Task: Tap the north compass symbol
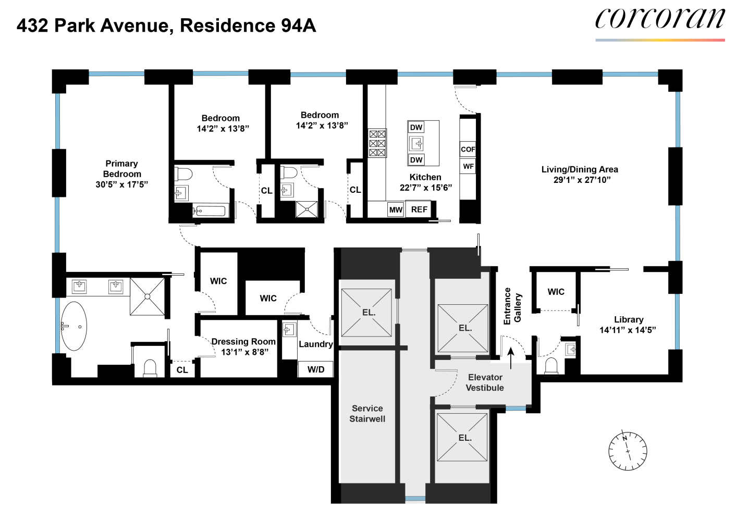[x=628, y=451]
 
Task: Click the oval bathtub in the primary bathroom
[x=74, y=326]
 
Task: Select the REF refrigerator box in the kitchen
[x=419, y=209]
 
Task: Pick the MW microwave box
[x=396, y=209]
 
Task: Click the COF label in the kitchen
[x=468, y=150]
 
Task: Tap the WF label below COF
[x=468, y=166]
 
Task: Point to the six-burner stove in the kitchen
[x=377, y=143]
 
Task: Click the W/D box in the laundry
[x=316, y=369]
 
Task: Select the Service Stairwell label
[x=367, y=414]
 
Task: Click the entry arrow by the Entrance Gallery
[x=511, y=358]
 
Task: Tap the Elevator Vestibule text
[x=485, y=382]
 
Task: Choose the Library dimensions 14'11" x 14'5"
[x=628, y=330]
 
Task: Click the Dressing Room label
[x=243, y=341]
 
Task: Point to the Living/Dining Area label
[x=580, y=169]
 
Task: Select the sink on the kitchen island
[x=416, y=143]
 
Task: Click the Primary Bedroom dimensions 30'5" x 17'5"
[x=122, y=184]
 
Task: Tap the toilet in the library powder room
[x=551, y=366]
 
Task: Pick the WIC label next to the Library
[x=556, y=292]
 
